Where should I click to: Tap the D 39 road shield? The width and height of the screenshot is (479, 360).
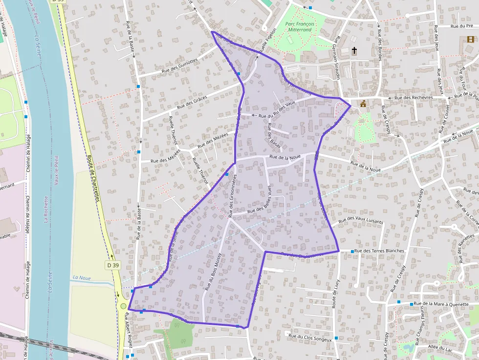112,265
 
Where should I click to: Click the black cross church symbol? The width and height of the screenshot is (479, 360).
354,50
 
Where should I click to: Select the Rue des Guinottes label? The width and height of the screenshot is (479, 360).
181,65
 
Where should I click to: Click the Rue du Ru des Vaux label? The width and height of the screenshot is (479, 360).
277,110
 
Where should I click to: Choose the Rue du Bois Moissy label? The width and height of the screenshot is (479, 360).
213,272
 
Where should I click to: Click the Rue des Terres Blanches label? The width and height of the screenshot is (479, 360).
379,251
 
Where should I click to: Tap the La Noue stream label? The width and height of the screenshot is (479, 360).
82,277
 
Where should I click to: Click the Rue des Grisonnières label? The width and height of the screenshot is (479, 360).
232,195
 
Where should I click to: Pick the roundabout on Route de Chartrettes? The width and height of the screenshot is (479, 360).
123,306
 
